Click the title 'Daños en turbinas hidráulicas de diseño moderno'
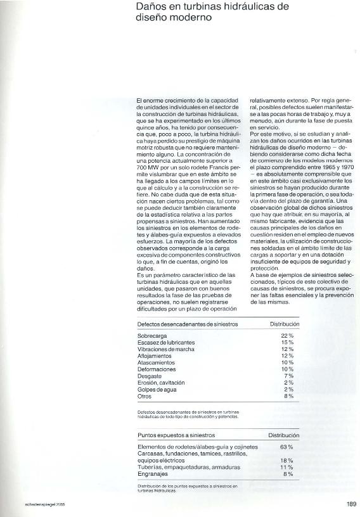[x=203, y=13]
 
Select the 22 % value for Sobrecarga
[x=287, y=335]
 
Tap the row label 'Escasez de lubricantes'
[x=166, y=342]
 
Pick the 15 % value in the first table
[x=287, y=342]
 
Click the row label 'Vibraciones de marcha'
[x=165, y=349]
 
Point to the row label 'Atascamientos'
[x=155, y=362]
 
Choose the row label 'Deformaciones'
[x=157, y=369]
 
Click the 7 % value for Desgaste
[x=288, y=376]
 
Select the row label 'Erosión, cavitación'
[x=162, y=383]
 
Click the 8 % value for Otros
[x=288, y=396]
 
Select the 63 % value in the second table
[x=286, y=447]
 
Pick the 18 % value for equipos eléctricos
[x=286, y=461]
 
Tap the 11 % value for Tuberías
[x=286, y=467]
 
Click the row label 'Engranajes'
[x=153, y=474]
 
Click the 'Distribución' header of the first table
[x=284, y=324]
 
